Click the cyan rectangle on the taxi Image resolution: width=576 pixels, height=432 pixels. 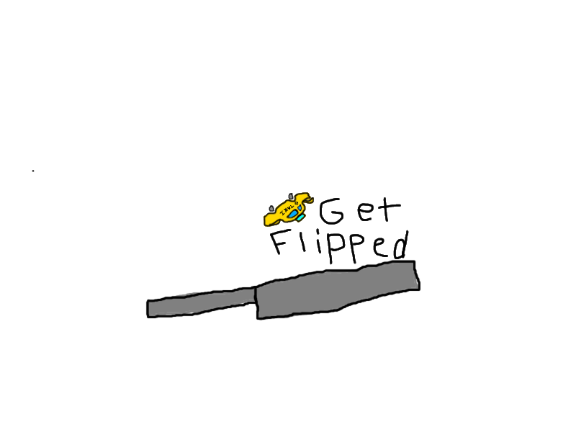pos(300,218)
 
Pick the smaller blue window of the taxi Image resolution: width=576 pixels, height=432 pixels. pos(300,208)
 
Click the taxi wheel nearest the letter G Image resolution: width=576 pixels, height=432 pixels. pos(291,196)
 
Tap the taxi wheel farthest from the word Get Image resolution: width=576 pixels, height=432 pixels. pos(271,209)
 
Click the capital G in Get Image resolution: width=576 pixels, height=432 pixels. pos(331,211)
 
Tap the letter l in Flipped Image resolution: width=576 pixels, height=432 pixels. pos(304,240)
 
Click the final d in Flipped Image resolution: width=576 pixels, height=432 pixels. pos(400,246)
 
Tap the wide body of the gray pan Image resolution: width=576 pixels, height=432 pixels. pos(338,290)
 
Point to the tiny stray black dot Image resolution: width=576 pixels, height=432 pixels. pos(33,171)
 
